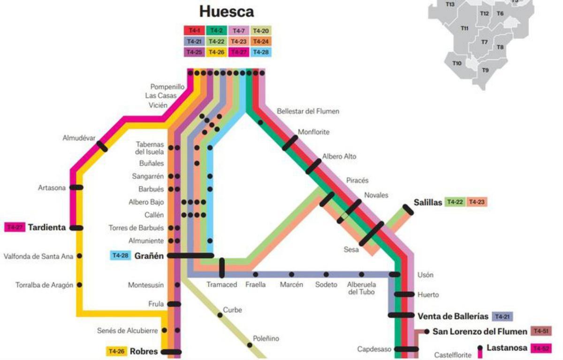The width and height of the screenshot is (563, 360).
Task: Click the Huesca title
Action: coord(227,11)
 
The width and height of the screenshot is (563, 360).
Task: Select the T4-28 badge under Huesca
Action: coord(261,52)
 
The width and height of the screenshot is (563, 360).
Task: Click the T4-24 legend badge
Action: coord(261,41)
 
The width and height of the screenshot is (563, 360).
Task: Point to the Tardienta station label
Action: coord(46,228)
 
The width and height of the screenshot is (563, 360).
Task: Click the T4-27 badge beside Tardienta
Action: coord(14,228)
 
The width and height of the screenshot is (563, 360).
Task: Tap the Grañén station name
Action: coord(149,256)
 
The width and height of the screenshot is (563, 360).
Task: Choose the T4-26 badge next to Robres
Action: coord(116,351)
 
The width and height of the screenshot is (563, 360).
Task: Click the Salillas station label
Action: coord(428,202)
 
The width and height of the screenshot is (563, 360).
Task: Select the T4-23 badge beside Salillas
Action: coord(476,202)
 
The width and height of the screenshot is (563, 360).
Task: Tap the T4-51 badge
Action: coord(541,331)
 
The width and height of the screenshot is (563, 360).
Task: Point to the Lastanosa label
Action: coord(507,348)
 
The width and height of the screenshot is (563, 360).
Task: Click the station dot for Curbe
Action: coord(220,315)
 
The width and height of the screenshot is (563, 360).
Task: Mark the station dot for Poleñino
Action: coord(250,345)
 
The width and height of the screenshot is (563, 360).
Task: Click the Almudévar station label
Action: coord(79,138)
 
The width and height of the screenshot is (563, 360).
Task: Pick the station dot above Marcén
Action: coord(291,274)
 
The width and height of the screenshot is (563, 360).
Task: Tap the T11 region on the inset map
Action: coord(464,29)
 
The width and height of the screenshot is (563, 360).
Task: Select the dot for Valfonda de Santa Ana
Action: coord(79,256)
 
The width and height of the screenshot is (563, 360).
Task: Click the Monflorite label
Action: coord(313,132)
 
